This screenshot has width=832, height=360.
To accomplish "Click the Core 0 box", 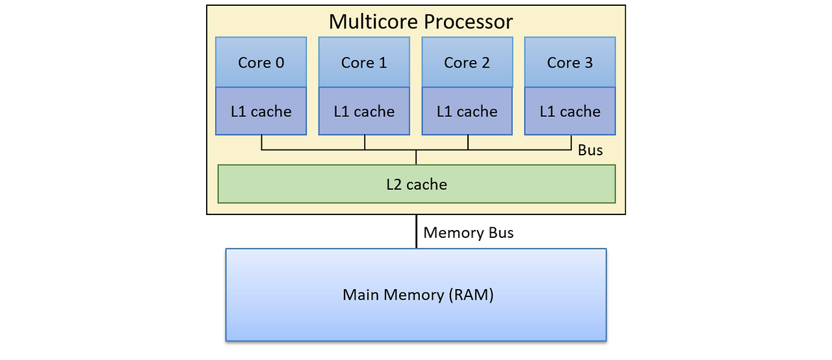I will coord(261,62).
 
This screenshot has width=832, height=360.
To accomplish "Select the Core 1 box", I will coord(364,62).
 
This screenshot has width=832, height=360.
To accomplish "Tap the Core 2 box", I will coord(467,62).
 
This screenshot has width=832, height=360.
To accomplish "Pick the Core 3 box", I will coord(570,62).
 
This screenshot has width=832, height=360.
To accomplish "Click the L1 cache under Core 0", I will coord(261,111).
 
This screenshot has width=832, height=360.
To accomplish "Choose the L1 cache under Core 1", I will coord(364,111).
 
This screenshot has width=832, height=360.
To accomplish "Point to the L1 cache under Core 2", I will coord(467,111).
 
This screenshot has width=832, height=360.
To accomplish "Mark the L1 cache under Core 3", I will coord(570,111).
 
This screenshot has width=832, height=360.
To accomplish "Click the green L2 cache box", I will coord(416,184).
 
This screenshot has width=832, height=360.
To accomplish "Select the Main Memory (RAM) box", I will coord(416,294).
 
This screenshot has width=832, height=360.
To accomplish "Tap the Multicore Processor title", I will coord(421,21).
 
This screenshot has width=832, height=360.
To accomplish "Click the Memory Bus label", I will coord(468,233).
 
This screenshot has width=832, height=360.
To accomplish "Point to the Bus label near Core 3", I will coord(590,150).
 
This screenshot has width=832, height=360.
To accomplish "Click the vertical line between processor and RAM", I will coord(416,231).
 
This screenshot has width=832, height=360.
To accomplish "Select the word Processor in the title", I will coord(468,21).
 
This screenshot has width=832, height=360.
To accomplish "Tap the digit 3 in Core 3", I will coord(588,62).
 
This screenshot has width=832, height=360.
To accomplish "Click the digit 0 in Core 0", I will coord(279,62).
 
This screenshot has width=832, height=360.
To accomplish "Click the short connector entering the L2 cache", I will coord(416,158).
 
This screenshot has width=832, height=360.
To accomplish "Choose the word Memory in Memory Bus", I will coord(454,233).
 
